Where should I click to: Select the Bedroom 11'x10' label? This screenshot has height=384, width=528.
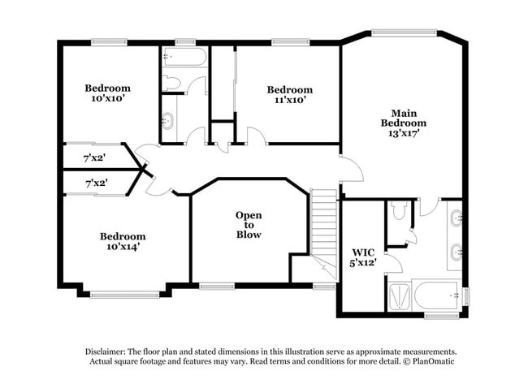(289, 94)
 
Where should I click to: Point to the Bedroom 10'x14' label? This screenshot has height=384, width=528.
(123, 241)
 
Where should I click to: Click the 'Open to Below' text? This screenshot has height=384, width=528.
(249, 225)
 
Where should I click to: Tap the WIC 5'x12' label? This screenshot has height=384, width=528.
(364, 257)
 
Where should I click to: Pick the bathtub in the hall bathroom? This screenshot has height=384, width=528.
(184, 58)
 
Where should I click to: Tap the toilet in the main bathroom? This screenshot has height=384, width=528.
(397, 211)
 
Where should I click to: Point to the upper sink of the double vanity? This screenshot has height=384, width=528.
(457, 217)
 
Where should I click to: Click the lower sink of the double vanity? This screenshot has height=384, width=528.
(457, 254)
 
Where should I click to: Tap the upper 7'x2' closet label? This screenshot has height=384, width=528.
(96, 157)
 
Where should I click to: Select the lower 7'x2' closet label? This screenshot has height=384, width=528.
(96, 184)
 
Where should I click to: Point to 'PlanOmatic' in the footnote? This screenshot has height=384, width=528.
(433, 361)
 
